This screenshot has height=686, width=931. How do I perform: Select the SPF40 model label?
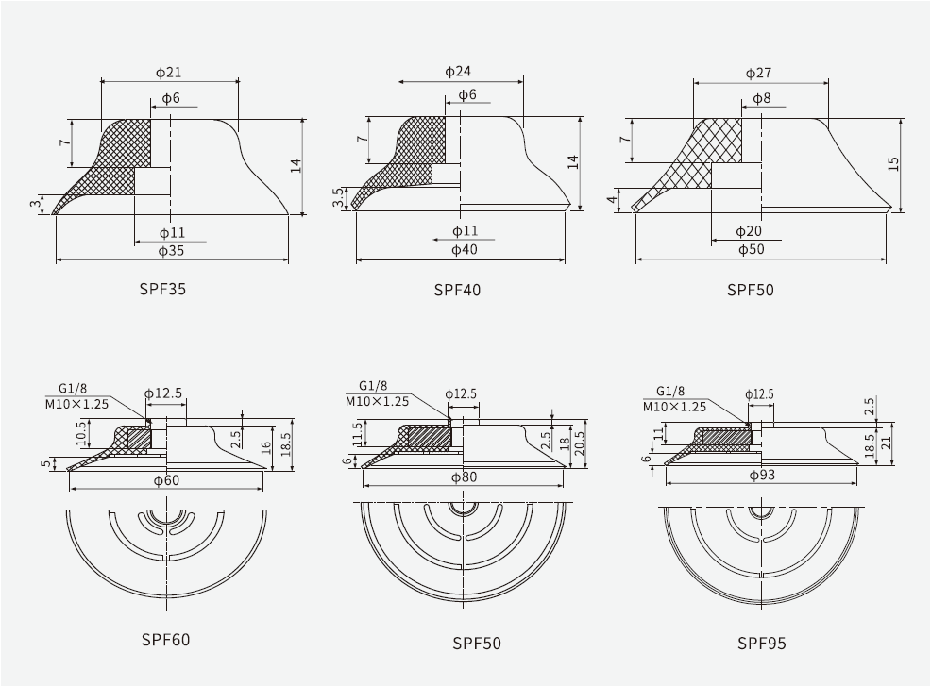tap(457, 290)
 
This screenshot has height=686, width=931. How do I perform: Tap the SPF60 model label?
tap(165, 640)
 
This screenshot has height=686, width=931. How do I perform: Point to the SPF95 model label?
tap(761, 644)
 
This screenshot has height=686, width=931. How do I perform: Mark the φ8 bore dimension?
tap(762, 99)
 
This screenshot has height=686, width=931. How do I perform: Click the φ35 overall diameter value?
tap(171, 251)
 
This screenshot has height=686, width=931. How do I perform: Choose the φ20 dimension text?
tap(749, 231)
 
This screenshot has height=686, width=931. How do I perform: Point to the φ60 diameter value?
tap(166, 480)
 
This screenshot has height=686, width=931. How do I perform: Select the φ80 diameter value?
tap(465, 477)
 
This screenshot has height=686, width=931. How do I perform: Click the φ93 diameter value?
tap(762, 475)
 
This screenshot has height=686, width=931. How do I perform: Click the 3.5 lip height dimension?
tap(338, 197)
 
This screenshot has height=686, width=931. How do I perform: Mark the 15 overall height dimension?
tap(893, 163)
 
